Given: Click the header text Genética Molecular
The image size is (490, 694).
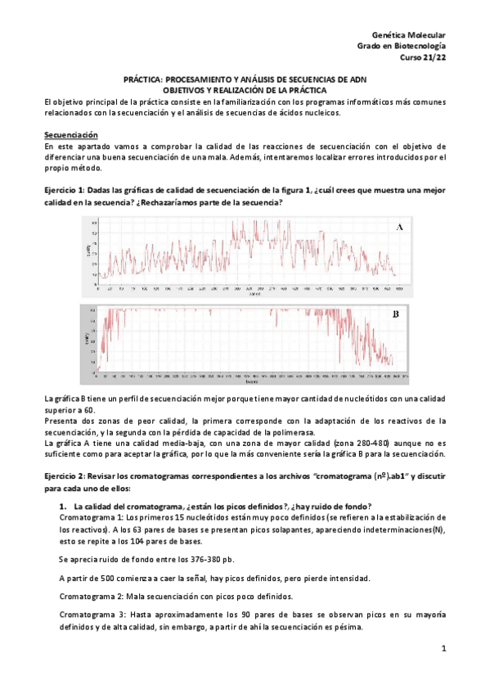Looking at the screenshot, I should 408,36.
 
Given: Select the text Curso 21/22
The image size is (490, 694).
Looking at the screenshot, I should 422,57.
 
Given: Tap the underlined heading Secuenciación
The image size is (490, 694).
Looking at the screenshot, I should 70,134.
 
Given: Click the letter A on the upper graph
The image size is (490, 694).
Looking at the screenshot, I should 399,228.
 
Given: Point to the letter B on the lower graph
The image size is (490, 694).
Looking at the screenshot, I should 395,314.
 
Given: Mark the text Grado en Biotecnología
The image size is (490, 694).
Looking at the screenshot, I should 402,47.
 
